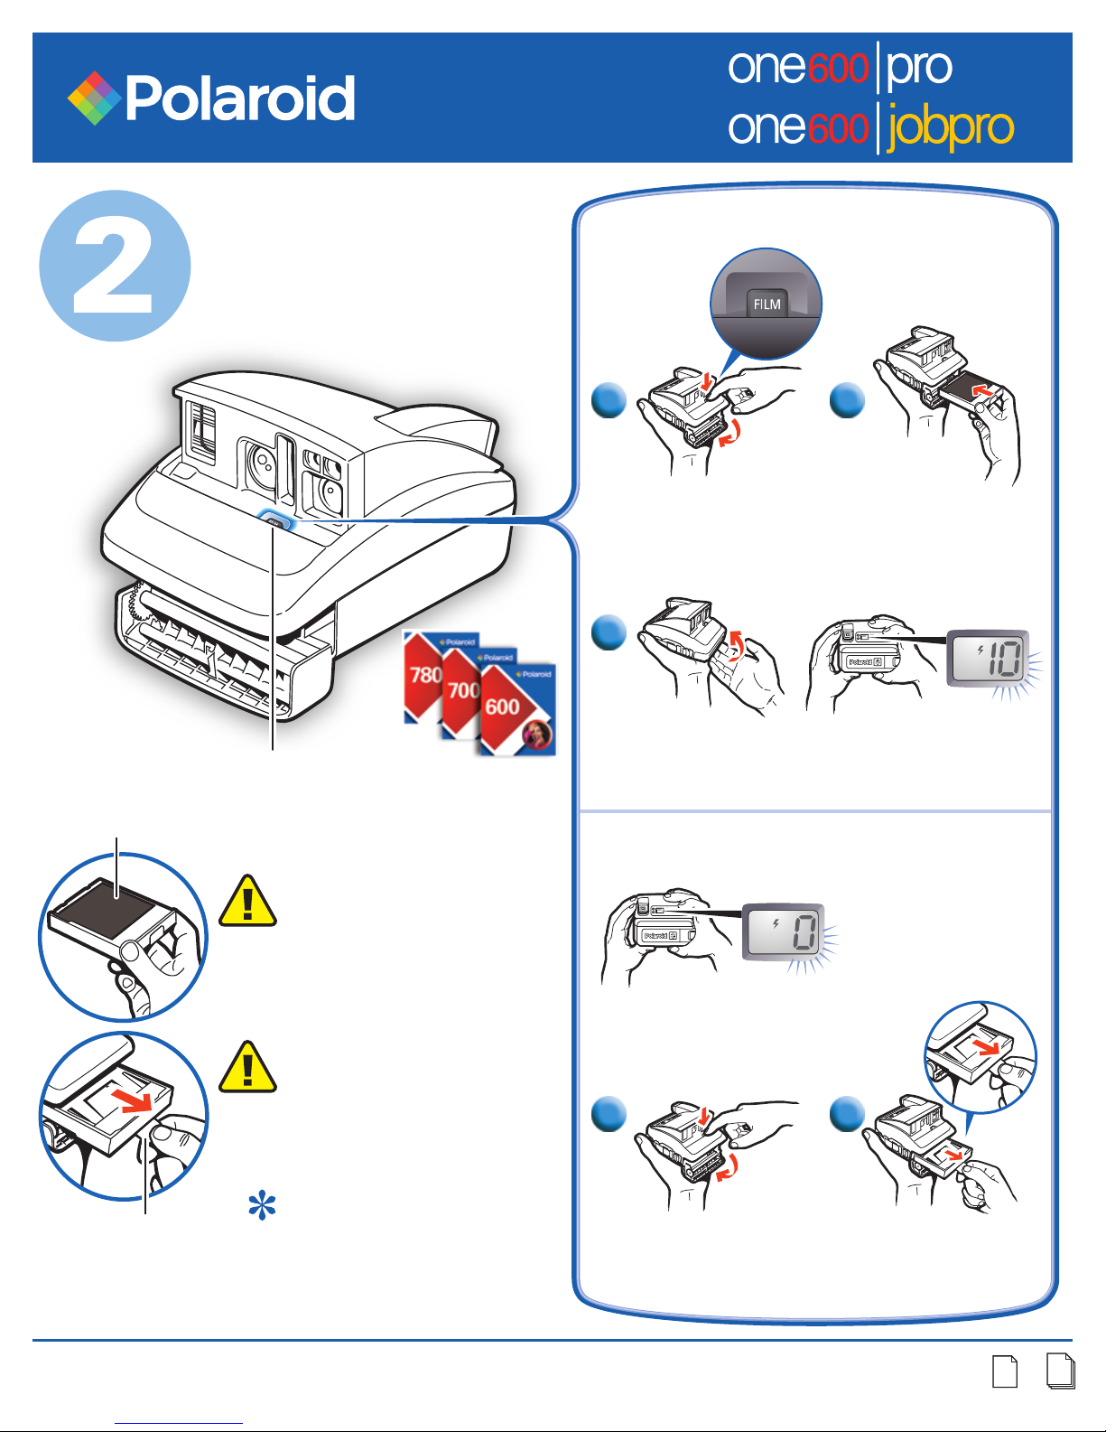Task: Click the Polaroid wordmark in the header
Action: [x=240, y=98]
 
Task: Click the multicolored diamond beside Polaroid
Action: [x=94, y=98]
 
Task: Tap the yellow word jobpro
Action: [x=950, y=127]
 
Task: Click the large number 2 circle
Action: [x=115, y=266]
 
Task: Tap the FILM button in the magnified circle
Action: [x=767, y=304]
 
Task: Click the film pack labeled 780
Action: [x=423, y=675]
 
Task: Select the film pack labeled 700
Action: [x=462, y=690]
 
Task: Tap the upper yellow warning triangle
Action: [x=247, y=901]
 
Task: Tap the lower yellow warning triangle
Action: [x=247, y=1066]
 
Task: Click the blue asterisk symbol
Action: [x=262, y=1205]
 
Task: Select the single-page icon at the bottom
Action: [x=1004, y=1371]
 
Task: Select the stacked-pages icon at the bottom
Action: [x=1061, y=1371]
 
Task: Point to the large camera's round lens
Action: [x=262, y=463]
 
